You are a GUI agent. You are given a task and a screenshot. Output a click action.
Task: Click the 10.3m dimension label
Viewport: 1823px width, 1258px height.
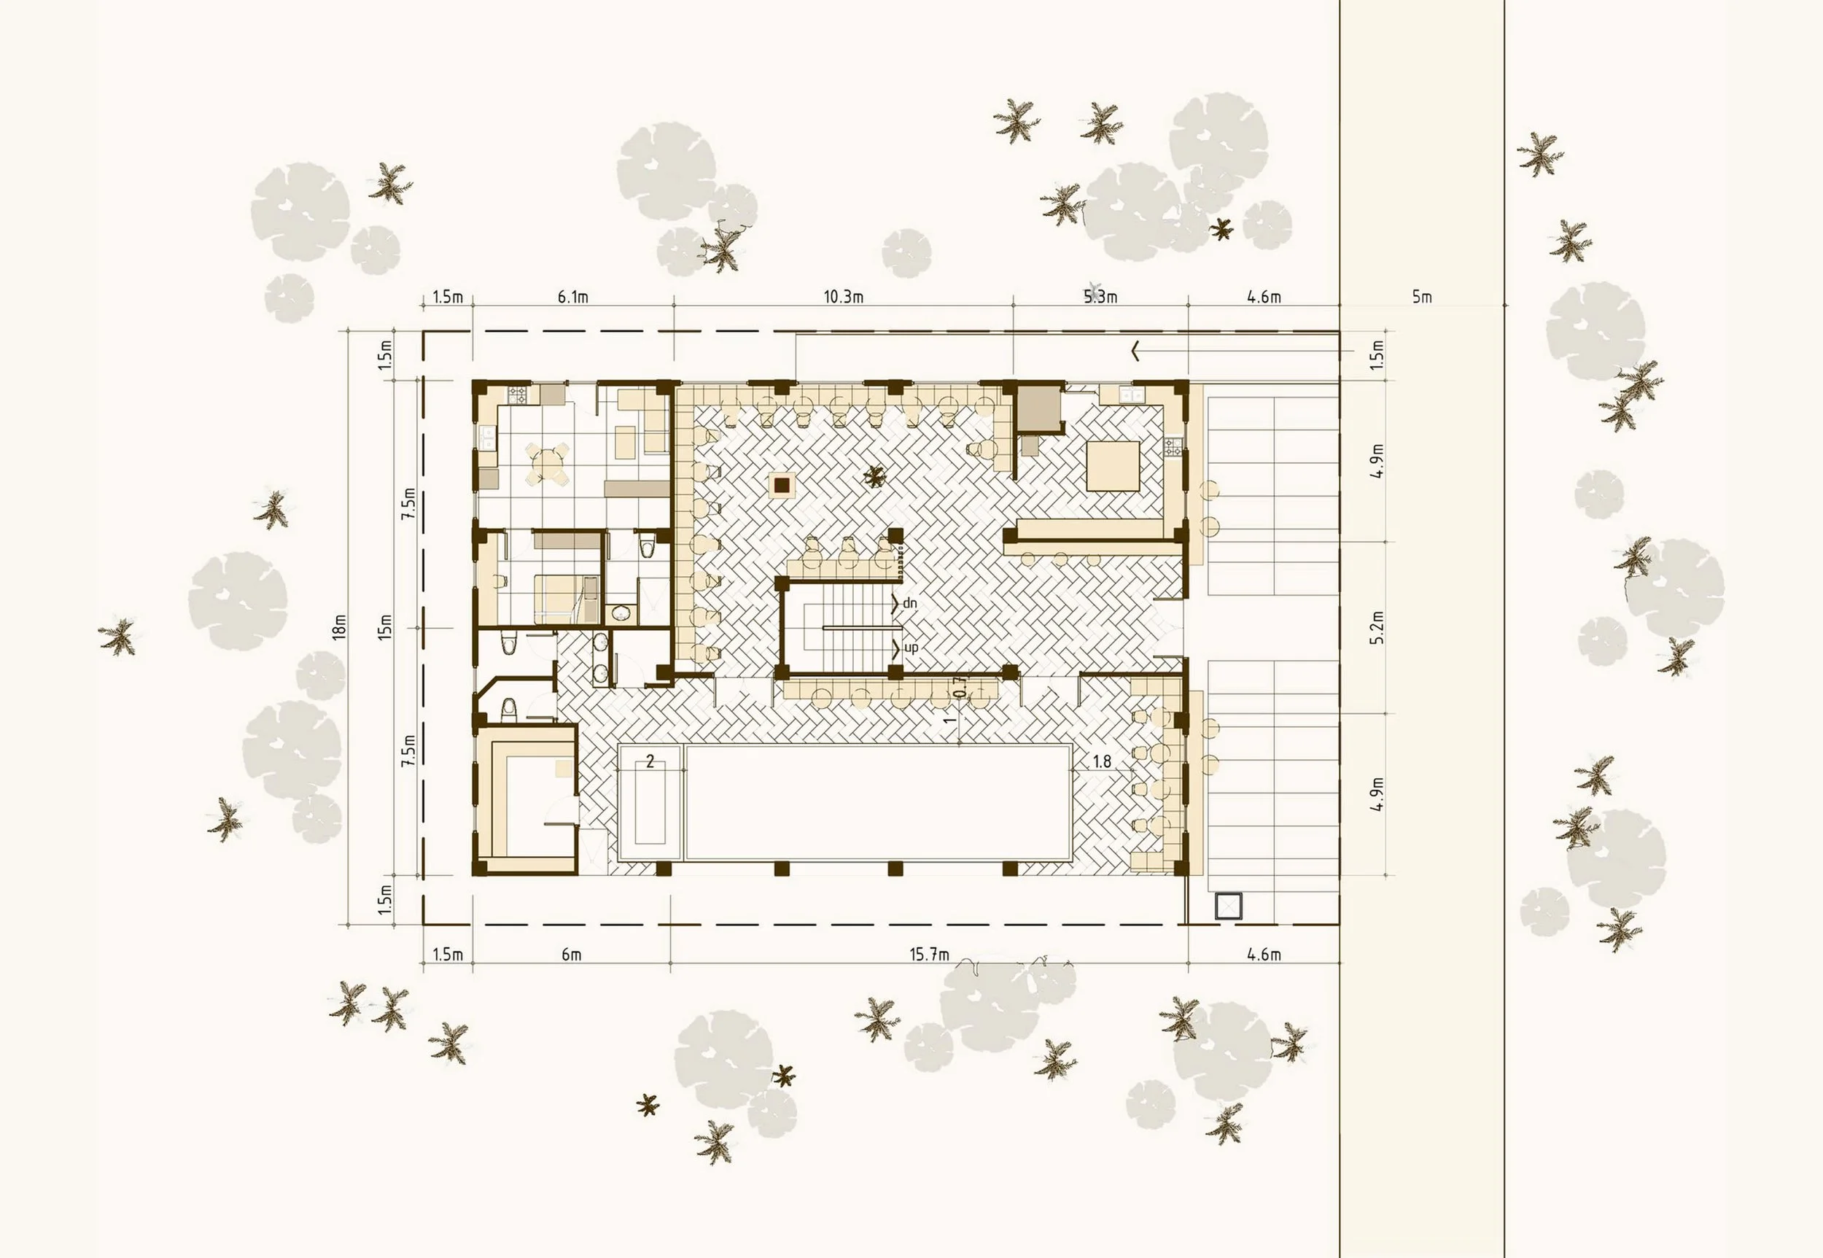click(844, 297)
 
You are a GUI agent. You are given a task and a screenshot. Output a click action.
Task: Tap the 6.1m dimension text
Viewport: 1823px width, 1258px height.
click(573, 297)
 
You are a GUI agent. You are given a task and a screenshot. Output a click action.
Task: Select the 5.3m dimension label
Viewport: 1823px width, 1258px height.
click(1100, 297)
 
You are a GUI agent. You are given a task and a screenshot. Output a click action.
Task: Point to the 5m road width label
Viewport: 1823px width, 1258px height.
click(1421, 297)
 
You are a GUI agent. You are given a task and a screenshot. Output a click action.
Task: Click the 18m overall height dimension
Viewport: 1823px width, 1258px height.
click(340, 626)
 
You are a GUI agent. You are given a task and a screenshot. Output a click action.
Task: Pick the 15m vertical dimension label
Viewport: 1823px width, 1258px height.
click(384, 626)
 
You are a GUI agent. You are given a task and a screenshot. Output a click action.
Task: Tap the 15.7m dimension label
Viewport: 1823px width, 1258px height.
click(929, 955)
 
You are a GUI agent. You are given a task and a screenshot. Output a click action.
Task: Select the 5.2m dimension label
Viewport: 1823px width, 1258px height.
click(1376, 627)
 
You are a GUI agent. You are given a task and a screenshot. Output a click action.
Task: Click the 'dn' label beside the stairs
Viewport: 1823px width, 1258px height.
click(909, 603)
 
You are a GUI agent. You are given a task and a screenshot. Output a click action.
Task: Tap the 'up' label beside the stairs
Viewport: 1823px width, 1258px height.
click(910, 648)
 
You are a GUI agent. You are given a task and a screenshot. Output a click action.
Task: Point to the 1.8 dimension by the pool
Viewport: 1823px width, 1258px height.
click(1102, 761)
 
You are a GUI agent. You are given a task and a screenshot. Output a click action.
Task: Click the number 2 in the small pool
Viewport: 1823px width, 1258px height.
click(650, 761)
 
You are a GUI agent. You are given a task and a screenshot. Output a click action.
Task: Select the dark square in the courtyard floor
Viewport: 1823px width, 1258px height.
click(782, 486)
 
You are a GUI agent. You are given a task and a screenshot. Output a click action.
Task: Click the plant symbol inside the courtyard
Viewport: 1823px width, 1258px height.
click(874, 475)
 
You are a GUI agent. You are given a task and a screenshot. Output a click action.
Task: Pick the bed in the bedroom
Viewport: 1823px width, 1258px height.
click(564, 599)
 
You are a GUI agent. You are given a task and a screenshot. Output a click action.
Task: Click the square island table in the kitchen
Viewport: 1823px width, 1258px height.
click(1113, 466)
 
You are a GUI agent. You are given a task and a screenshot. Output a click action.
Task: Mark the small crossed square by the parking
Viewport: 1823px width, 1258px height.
click(1229, 906)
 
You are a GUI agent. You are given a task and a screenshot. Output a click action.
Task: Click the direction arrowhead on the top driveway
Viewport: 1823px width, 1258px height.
click(1136, 351)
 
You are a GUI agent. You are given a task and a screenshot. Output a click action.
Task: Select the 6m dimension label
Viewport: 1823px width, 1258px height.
click(572, 955)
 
